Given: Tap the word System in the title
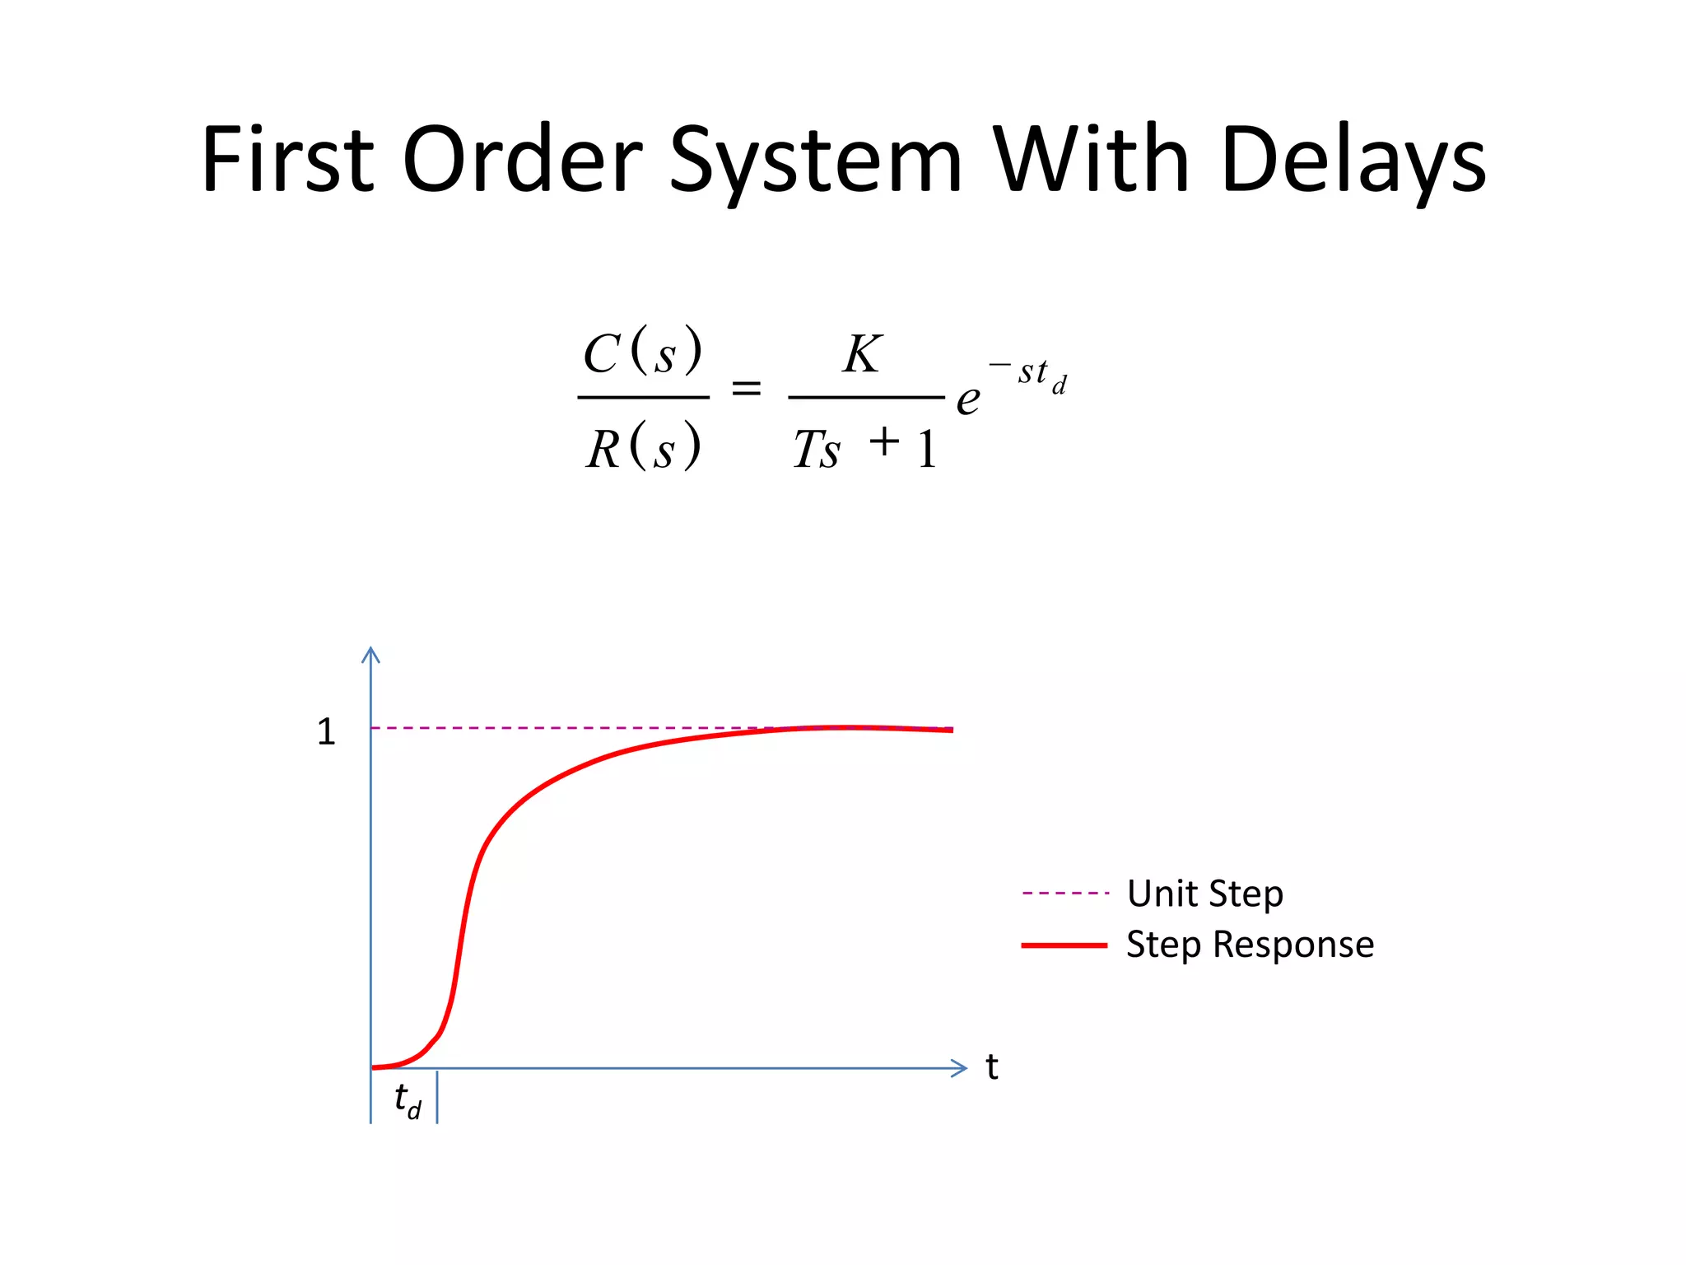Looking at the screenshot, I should (x=815, y=161).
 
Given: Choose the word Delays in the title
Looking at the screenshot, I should (x=1353, y=161).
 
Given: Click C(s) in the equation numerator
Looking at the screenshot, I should (x=643, y=353).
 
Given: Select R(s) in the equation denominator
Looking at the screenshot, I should (x=643, y=448).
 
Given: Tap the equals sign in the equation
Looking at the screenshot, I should (x=747, y=388).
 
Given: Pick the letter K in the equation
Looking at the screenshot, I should (x=862, y=354).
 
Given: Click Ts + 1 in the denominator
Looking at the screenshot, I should (x=865, y=448).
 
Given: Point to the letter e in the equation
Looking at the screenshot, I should (x=968, y=400).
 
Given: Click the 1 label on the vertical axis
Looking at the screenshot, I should (x=326, y=731).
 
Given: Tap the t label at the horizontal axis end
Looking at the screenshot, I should (x=992, y=1067).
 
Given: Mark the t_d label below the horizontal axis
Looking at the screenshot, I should (x=408, y=1099).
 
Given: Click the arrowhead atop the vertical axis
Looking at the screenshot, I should (x=371, y=655).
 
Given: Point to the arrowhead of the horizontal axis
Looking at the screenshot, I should (x=960, y=1068).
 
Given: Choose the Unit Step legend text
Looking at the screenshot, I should (x=1205, y=894).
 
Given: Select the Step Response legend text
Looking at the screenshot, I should (x=1250, y=945).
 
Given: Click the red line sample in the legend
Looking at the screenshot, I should (x=1064, y=945).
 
